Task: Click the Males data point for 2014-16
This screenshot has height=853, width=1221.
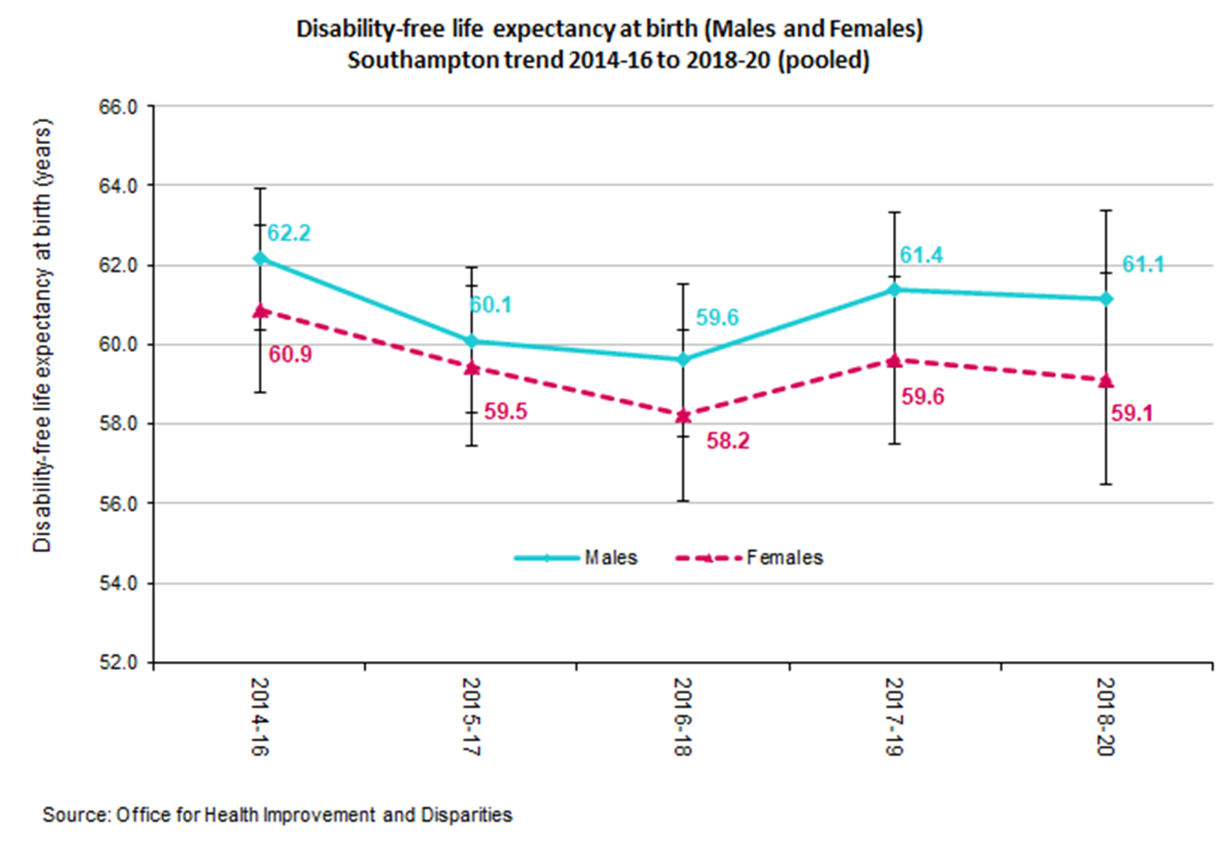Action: click(x=260, y=259)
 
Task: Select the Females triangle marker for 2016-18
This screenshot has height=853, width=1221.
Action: click(x=683, y=415)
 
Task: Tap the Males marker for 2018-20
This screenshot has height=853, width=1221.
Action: click(x=1106, y=299)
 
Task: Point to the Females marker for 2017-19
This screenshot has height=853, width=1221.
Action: click(x=894, y=360)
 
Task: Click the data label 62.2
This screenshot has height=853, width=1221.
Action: click(x=289, y=233)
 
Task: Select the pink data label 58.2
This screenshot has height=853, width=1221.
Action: click(x=727, y=440)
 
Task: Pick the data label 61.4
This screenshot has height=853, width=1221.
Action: click(x=921, y=255)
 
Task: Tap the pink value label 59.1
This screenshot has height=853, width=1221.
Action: click(x=1131, y=413)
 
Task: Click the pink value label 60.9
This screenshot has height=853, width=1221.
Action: click(x=290, y=354)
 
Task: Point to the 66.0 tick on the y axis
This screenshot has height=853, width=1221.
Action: click(x=118, y=107)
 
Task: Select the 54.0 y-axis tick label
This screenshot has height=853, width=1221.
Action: click(x=118, y=584)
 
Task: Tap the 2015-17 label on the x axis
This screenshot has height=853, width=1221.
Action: click(x=471, y=716)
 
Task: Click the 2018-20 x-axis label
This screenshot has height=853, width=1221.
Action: click(x=1105, y=716)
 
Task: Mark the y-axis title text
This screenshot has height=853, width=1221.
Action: click(x=43, y=335)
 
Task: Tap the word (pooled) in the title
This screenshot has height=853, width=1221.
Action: click(x=823, y=60)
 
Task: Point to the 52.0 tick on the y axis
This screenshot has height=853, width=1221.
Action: click(x=118, y=663)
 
